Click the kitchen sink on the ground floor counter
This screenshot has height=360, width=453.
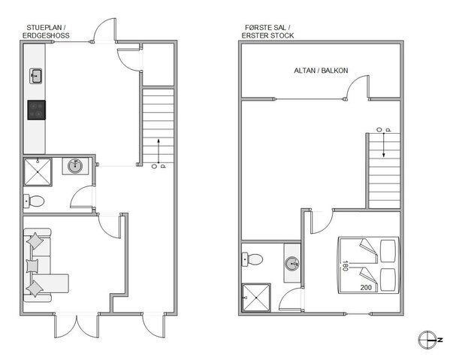coord(35,74)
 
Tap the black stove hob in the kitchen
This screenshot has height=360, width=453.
coord(36,110)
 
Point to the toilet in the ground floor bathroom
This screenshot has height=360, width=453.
coord(35,201)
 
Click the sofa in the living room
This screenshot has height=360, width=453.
coord(39,265)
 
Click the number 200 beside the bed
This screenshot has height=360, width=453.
coord(366,287)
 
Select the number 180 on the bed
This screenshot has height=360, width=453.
coord(345,265)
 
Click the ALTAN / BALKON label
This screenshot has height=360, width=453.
coord(320,71)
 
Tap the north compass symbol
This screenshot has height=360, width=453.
coord(426,340)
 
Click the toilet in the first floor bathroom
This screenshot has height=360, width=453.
coord(253,259)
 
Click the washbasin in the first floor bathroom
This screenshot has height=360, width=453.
coord(291,263)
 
